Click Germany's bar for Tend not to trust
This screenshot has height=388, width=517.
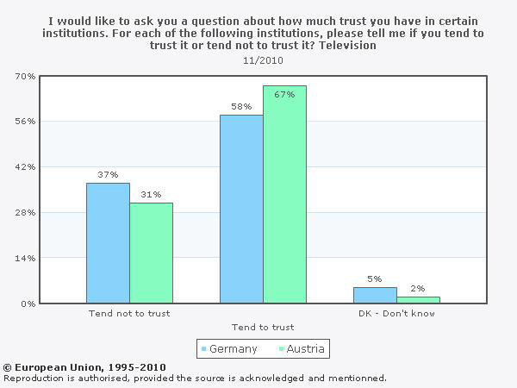108,242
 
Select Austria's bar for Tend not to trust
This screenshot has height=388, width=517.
152,253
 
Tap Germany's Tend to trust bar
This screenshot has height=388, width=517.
241,209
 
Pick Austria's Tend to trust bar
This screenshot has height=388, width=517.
284,194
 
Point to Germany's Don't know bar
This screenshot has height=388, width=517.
375,295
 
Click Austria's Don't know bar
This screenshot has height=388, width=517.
418,300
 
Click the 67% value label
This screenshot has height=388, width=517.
285,94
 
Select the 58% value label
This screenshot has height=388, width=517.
241,107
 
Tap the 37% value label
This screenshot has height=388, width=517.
108,174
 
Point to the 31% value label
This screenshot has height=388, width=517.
152,194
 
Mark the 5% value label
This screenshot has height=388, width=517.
375,278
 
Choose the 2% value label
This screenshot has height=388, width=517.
418,288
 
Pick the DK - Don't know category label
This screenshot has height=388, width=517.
397,313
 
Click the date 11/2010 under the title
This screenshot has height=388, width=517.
264,61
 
